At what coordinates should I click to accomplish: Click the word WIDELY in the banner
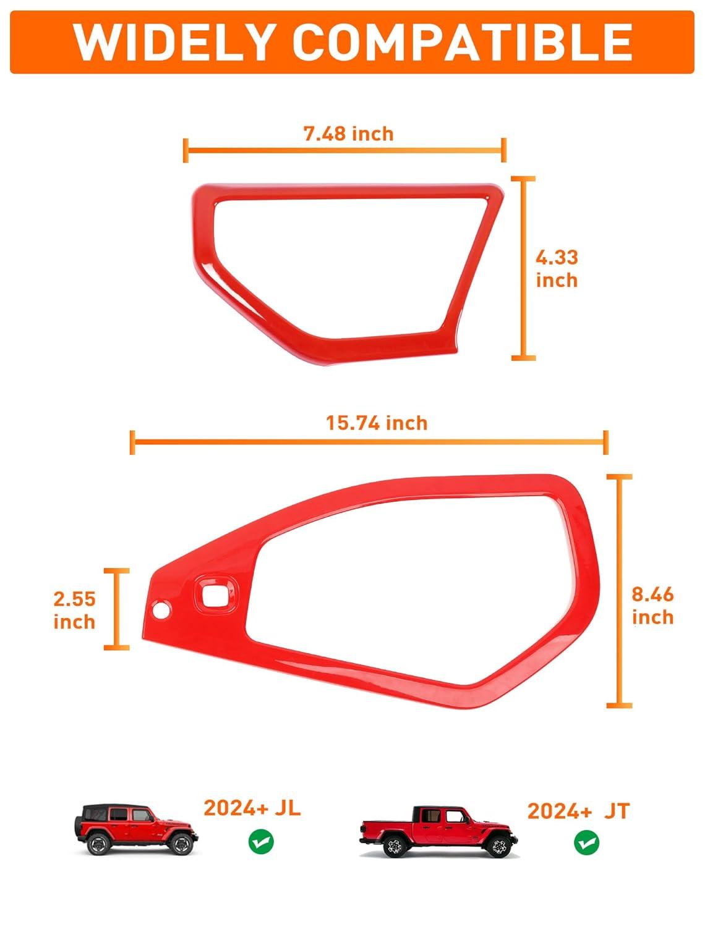[x=173, y=42]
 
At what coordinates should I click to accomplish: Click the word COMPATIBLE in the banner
[x=462, y=42]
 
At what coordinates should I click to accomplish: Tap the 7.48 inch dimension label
[x=349, y=134]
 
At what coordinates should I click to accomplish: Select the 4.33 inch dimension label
[x=557, y=269]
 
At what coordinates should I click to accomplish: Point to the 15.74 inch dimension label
[x=377, y=423]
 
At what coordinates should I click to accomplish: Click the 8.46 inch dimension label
[x=652, y=606]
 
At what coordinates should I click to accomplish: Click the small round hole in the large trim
[x=161, y=609]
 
